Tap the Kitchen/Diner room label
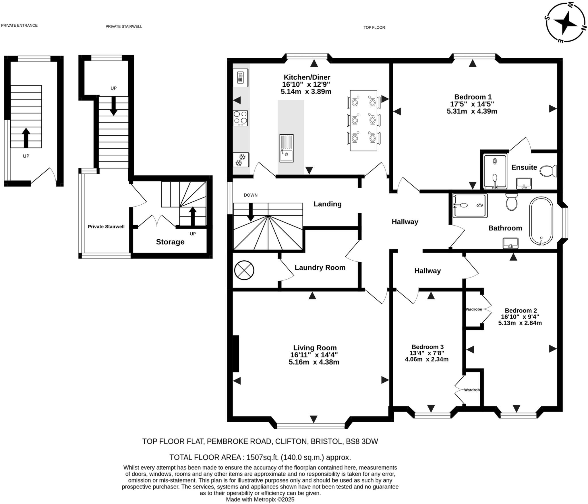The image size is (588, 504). (x=307, y=77)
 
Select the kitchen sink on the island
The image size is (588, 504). (x=286, y=148)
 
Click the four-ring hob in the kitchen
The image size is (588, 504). (x=240, y=118)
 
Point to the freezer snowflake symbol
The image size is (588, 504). (x=241, y=160)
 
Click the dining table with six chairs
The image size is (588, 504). (x=363, y=121)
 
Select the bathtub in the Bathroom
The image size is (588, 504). (x=541, y=220)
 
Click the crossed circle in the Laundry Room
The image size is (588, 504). (x=244, y=270)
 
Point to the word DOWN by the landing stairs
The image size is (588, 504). (x=250, y=195)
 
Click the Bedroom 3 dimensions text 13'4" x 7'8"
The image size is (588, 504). (x=427, y=353)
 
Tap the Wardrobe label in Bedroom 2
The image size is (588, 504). (x=473, y=309)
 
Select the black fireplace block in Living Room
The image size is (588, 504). (x=235, y=354)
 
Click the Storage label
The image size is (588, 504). (x=170, y=242)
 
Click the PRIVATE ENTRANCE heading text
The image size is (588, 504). (x=19, y=25)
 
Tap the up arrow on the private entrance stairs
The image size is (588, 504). (x=26, y=137)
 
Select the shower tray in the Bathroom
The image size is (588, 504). (x=470, y=206)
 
